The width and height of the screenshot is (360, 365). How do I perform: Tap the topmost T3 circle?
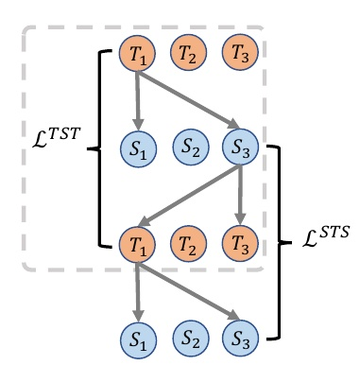[x=238, y=55]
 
